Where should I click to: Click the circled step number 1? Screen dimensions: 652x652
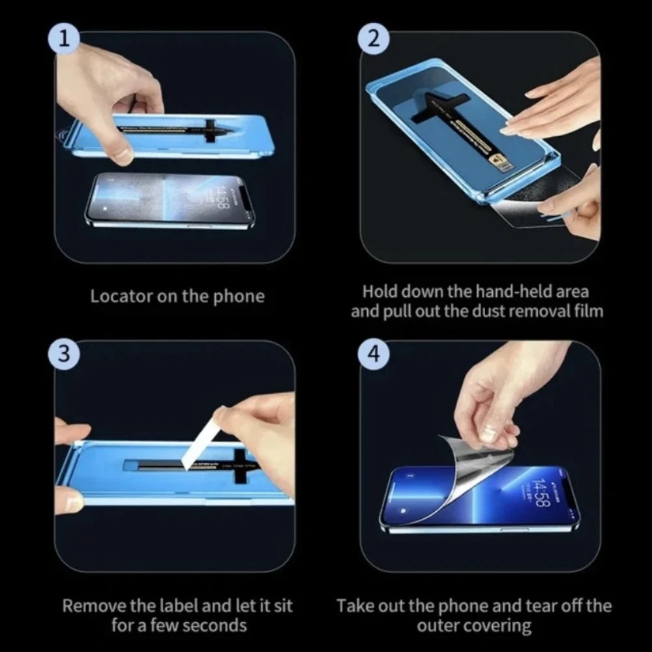click(x=63, y=38)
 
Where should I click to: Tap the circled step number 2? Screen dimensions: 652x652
click(x=373, y=38)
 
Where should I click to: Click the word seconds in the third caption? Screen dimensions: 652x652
click(x=215, y=627)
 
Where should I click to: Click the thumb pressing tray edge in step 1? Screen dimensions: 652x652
click(x=121, y=154)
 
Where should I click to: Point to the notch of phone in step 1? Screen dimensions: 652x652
click(x=245, y=196)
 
